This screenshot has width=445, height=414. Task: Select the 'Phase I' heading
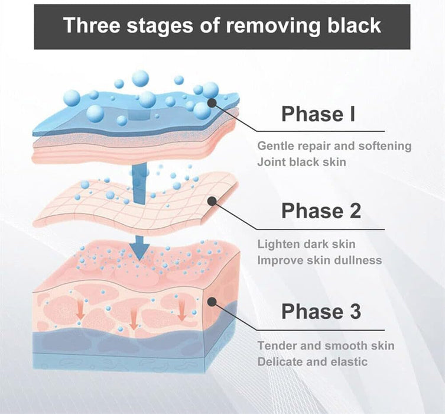(x=318, y=114)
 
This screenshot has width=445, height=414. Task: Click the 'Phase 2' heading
(x=321, y=211)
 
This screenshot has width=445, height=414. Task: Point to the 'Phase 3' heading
(x=321, y=311)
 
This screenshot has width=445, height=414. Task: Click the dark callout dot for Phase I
(x=212, y=102)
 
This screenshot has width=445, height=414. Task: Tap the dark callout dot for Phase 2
(x=212, y=201)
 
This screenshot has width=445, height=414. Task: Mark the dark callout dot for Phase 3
(x=212, y=302)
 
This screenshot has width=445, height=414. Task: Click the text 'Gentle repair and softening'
(x=334, y=146)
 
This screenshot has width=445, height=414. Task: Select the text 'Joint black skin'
(x=301, y=162)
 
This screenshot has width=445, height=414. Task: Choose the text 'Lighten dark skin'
(x=306, y=244)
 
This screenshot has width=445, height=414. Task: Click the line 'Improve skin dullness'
(x=320, y=260)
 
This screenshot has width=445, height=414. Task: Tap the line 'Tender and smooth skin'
(x=326, y=345)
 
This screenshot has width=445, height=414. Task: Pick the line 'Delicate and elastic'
(x=313, y=362)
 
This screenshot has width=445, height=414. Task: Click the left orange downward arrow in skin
(x=81, y=309)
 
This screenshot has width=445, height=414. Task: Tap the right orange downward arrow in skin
(x=181, y=311)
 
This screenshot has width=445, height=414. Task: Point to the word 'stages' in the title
(x=159, y=26)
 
